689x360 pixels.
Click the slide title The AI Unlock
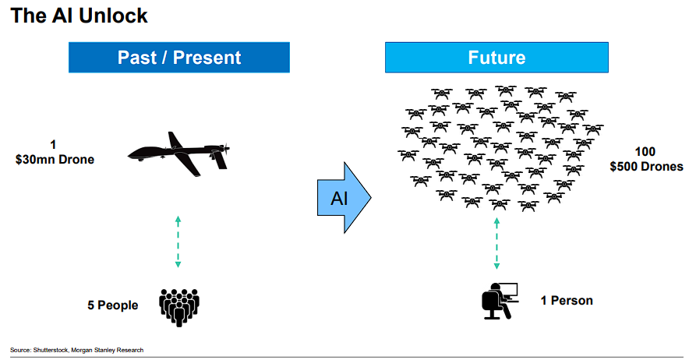[x=79, y=15]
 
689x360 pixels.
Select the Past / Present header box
[x=179, y=58]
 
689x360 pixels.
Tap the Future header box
[x=496, y=58]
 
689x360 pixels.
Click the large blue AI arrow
[x=343, y=197]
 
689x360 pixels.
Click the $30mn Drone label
[x=55, y=160]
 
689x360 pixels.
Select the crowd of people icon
[x=179, y=306]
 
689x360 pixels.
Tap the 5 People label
[x=112, y=305]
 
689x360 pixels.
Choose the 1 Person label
[x=567, y=300]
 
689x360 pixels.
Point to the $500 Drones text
[x=646, y=166]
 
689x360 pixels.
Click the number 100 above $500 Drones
[x=645, y=152]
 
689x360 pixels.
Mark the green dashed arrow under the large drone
[x=178, y=242]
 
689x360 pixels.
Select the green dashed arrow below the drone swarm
[x=496, y=243]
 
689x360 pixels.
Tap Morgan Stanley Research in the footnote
[x=107, y=350]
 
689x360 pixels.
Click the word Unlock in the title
[x=115, y=15]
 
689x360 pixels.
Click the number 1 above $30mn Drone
[x=53, y=145]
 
